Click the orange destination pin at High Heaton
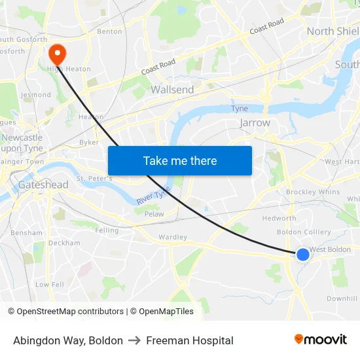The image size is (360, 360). [x=57, y=52]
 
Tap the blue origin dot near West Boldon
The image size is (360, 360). [x=303, y=254]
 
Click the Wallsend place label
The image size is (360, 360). [x=172, y=90]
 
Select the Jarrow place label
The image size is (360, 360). [x=255, y=122]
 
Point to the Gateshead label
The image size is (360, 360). [x=43, y=185]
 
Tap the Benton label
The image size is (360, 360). [x=109, y=31]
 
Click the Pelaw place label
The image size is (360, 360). [x=154, y=214]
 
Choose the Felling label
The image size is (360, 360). [x=107, y=230]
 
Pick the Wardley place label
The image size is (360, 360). [x=173, y=237]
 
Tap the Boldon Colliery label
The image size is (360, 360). [x=304, y=232]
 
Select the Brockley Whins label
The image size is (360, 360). [x=313, y=192]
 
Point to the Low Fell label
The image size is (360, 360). [x=50, y=285]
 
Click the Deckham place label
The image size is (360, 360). [x=64, y=243]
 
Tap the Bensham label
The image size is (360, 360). [x=26, y=232]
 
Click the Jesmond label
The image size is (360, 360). [x=35, y=95]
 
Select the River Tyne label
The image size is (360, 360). [x=153, y=194]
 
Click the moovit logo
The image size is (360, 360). [x=321, y=340]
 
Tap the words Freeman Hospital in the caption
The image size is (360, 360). [x=190, y=340]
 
